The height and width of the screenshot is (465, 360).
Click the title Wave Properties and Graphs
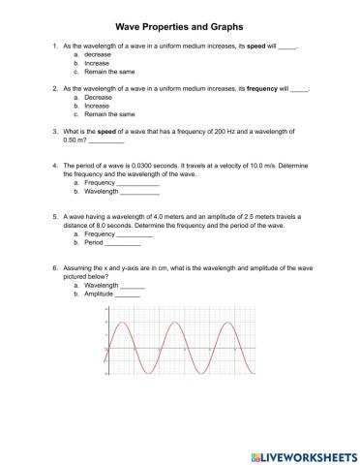(180, 28)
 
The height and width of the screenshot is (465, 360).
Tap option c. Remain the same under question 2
(105, 113)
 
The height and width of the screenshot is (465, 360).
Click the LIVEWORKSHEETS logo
(299, 453)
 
